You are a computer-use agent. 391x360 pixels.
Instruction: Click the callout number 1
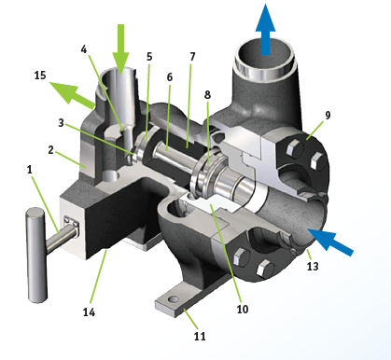click(30, 171)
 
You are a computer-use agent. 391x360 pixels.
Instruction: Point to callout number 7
click(192, 57)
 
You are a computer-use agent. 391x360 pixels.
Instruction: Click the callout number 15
click(39, 74)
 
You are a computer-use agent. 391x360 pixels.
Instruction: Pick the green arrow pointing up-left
click(69, 93)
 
